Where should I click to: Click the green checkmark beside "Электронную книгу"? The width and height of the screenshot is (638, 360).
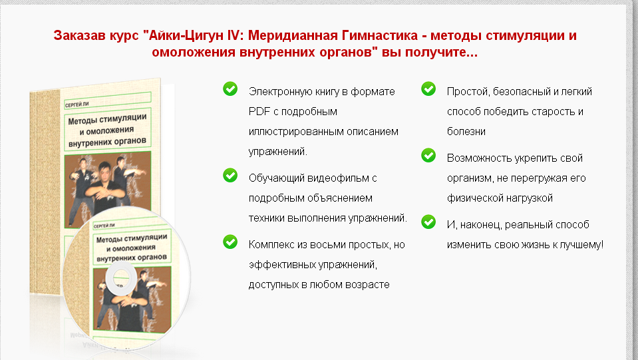click(x=230, y=89)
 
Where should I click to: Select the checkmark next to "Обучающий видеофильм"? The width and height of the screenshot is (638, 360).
click(x=230, y=175)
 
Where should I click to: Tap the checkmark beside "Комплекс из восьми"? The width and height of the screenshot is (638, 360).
click(x=230, y=242)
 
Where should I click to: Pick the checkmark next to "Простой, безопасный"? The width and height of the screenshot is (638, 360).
click(x=428, y=89)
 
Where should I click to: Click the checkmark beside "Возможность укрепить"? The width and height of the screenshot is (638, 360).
click(x=428, y=156)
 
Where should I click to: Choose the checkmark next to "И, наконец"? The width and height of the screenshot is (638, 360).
click(x=428, y=222)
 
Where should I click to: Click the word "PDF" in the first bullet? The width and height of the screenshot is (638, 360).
click(x=258, y=111)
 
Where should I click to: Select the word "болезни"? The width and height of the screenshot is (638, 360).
click(x=466, y=131)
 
